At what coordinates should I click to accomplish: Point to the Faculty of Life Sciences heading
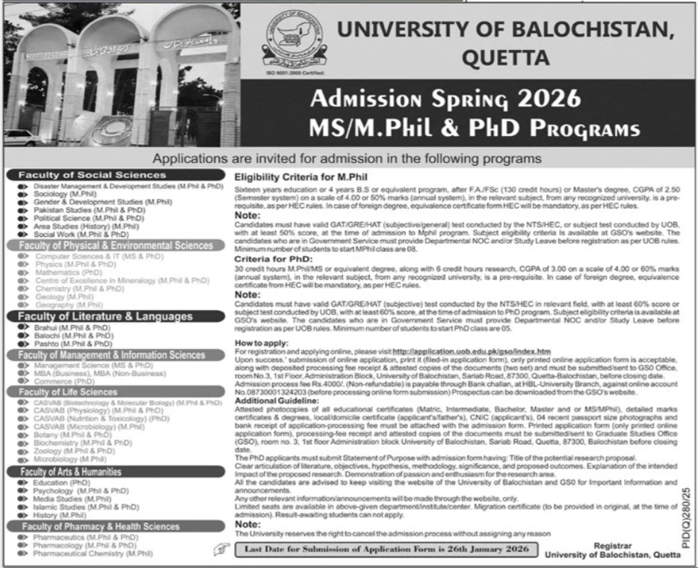pos(68,392)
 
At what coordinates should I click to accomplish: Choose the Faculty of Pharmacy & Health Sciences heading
pos(99,527)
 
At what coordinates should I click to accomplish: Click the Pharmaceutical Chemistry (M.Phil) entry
pos(93,554)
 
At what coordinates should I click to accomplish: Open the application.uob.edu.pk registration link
pos(471,351)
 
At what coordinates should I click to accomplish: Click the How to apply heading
pos(262,342)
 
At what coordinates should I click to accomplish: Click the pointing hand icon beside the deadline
pos(220,550)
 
